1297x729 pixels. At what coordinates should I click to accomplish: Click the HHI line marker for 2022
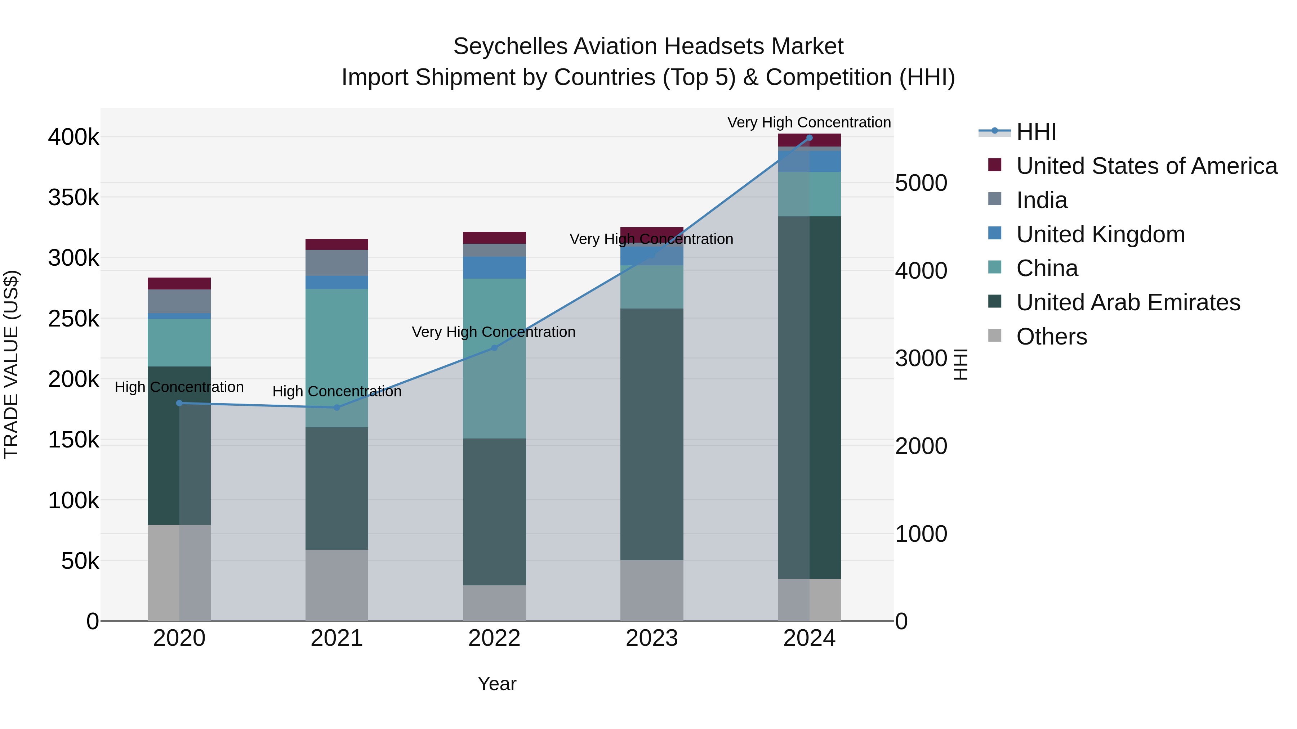[x=494, y=348]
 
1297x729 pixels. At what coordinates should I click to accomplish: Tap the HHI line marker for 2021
[x=337, y=408]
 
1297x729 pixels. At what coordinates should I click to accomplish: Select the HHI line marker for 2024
[x=809, y=138]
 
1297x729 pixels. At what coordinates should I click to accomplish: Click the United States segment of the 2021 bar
[x=337, y=244]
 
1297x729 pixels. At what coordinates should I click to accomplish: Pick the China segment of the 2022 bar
[x=494, y=358]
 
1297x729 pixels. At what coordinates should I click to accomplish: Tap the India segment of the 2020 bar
[x=179, y=301]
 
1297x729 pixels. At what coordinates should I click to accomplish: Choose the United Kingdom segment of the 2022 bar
[x=494, y=267]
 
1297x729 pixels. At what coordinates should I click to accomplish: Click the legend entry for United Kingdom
[x=1100, y=234]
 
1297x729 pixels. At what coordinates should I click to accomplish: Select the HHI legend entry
[x=1036, y=132]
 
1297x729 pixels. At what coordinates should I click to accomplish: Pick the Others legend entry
[x=1051, y=337]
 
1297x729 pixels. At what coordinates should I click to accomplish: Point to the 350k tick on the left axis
[x=73, y=198]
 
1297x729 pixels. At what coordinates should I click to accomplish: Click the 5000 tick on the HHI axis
[x=921, y=183]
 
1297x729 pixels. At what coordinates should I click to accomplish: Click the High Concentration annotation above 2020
[x=179, y=387]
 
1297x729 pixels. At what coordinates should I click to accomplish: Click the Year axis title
[x=497, y=684]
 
